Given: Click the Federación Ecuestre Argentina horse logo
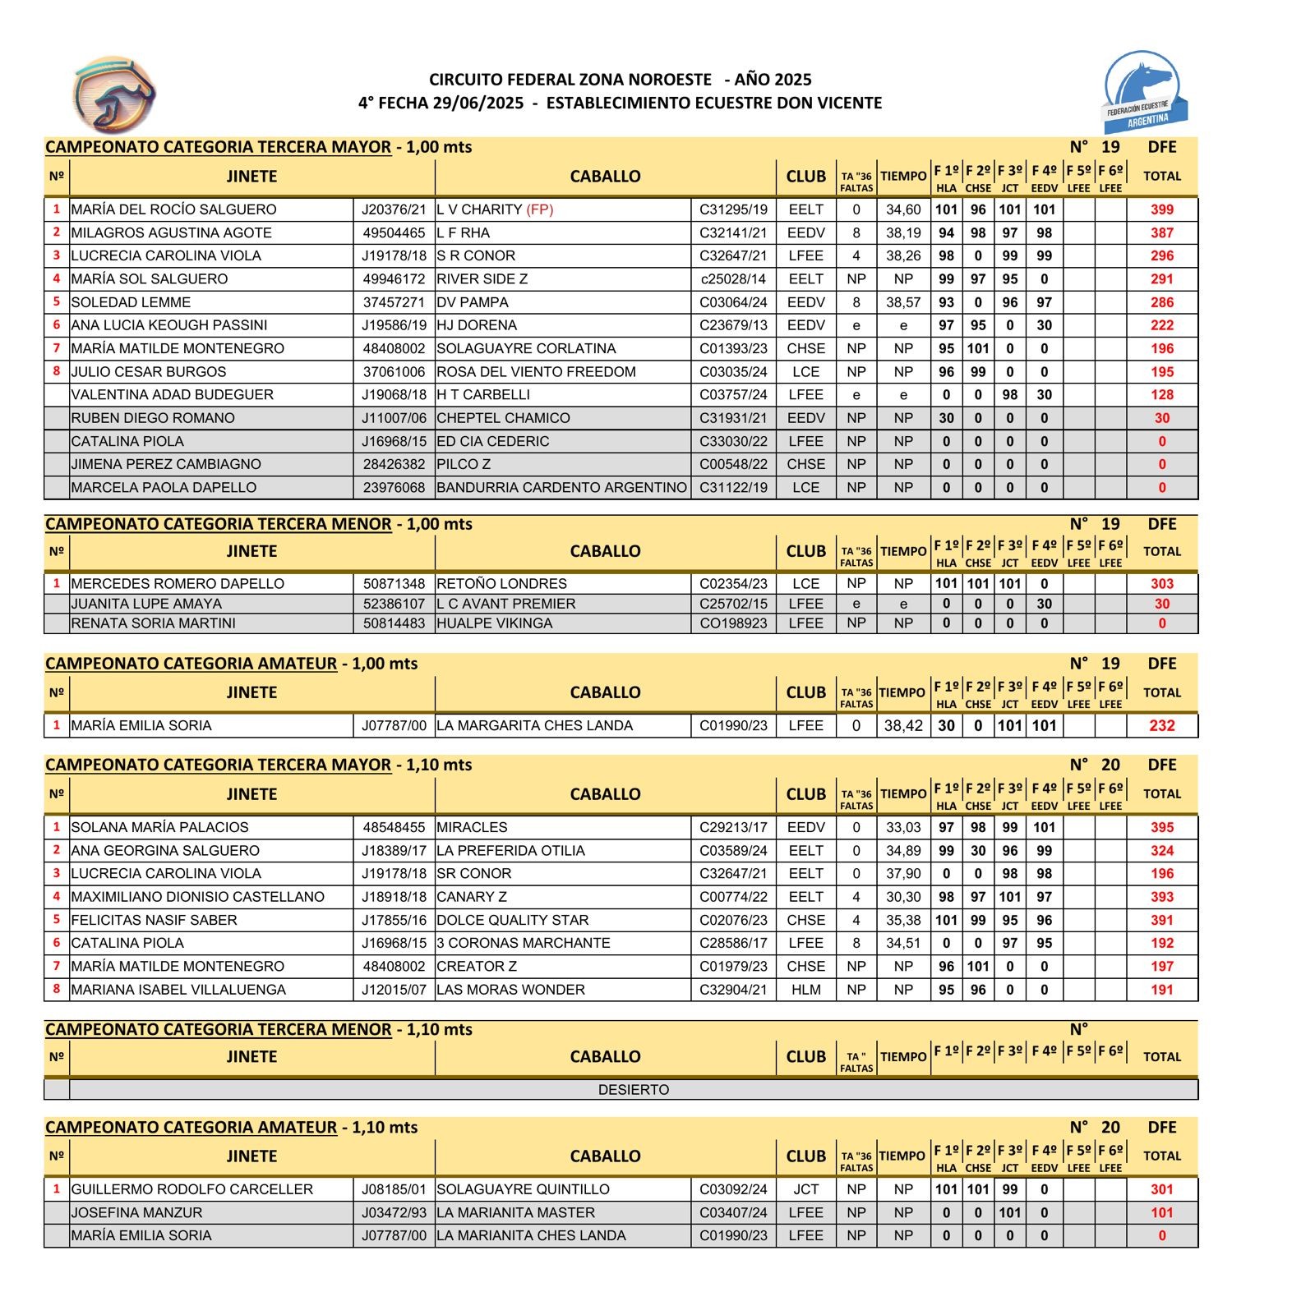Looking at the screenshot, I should click(1144, 91).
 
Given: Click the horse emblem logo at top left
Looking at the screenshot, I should click(114, 94).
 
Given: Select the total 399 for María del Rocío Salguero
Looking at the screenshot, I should click(1161, 209).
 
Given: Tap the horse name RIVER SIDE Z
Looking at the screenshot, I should click(482, 279).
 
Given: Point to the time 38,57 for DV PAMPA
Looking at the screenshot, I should click(903, 302).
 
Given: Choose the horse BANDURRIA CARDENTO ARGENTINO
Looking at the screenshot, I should click(561, 488).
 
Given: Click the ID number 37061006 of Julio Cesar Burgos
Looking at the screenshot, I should click(394, 372).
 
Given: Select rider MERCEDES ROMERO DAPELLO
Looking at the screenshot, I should click(178, 584).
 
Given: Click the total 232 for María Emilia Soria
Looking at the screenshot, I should click(1161, 726).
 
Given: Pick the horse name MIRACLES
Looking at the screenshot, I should click(472, 828).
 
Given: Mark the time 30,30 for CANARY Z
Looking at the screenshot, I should click(903, 897).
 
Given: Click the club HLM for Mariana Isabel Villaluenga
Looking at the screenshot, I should click(805, 990).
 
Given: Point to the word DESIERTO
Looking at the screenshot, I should click(633, 1090).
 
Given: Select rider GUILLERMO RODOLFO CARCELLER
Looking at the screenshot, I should click(191, 1189).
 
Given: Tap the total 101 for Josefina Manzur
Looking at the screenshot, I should click(1161, 1213).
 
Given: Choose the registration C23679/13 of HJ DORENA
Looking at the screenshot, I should click(733, 325).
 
